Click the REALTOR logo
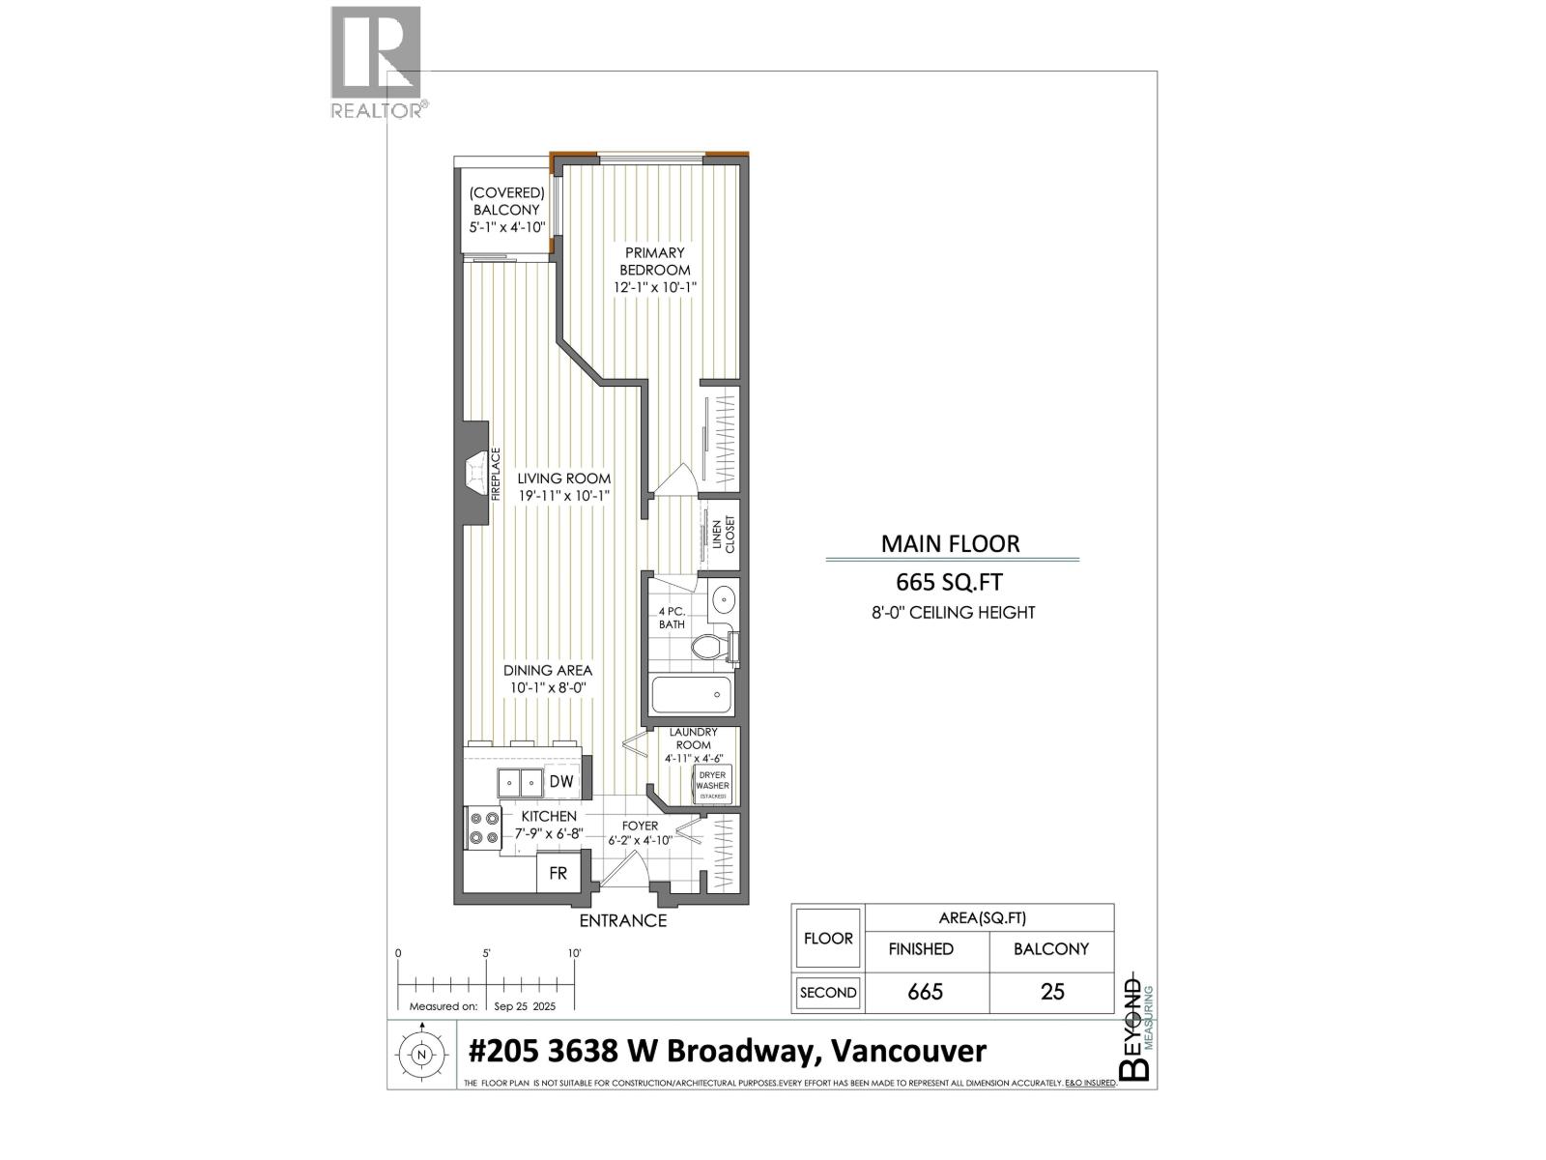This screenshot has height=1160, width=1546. [376, 61]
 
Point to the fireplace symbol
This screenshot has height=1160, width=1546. [474, 475]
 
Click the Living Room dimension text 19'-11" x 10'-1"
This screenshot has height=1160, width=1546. [563, 496]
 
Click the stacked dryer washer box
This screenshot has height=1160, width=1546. [712, 785]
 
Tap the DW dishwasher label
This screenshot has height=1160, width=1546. [560, 781]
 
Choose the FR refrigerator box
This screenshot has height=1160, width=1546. [558, 873]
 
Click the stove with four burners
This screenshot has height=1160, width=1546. [482, 828]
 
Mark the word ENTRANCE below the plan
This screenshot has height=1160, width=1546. [622, 921]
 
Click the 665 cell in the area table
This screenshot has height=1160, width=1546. [926, 992]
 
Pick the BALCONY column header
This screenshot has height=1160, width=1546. [1050, 949]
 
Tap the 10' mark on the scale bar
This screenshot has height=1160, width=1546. [574, 953]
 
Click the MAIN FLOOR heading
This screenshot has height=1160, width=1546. [950, 543]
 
